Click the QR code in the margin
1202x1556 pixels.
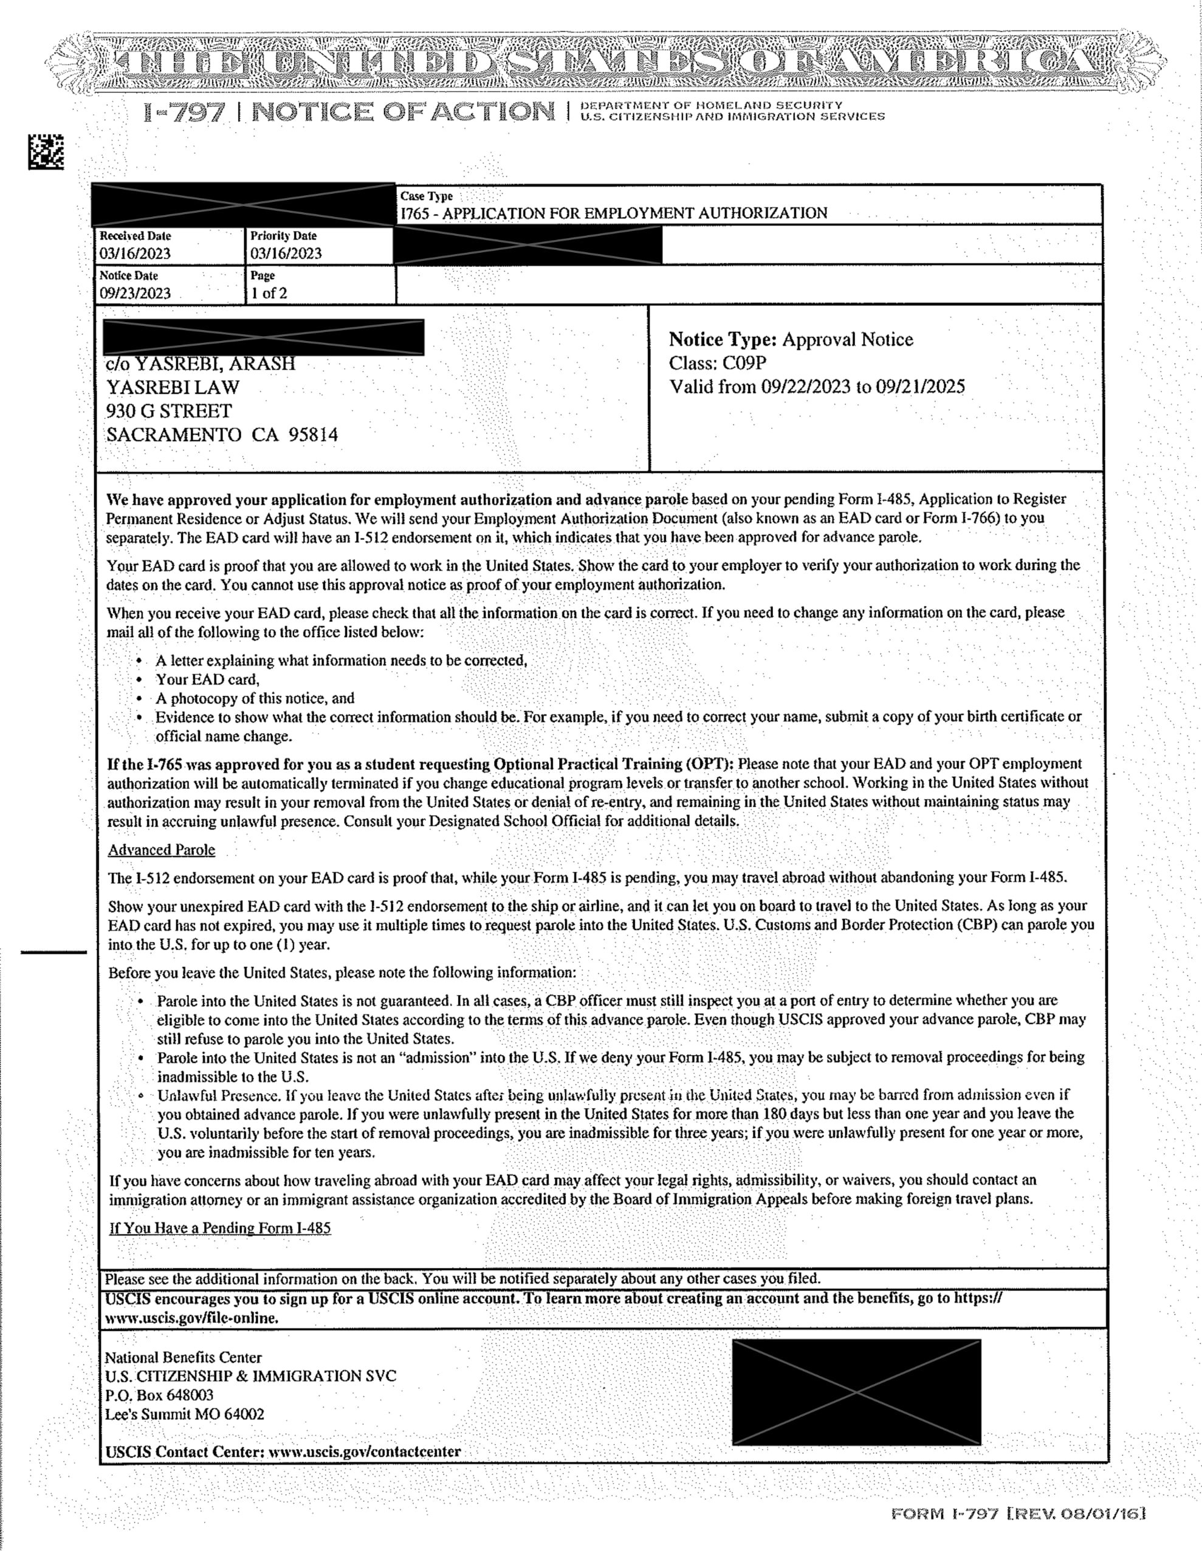(x=46, y=152)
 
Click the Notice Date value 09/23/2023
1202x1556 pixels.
(x=136, y=293)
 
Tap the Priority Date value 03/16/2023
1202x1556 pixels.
(x=286, y=253)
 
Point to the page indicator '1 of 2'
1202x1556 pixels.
(x=269, y=293)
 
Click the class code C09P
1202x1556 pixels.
(x=744, y=363)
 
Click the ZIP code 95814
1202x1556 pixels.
(x=313, y=435)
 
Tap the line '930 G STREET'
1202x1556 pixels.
(x=169, y=411)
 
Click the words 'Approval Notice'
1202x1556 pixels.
(x=847, y=339)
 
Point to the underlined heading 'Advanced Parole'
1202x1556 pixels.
(x=162, y=850)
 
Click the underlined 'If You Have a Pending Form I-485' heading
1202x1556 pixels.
(x=220, y=1228)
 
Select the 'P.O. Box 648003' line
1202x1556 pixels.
(x=159, y=1395)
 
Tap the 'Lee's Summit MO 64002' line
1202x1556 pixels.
(x=185, y=1414)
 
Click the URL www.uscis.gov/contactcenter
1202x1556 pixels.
(x=364, y=1451)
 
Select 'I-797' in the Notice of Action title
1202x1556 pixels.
(x=185, y=112)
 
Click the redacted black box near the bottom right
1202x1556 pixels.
(x=856, y=1392)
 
